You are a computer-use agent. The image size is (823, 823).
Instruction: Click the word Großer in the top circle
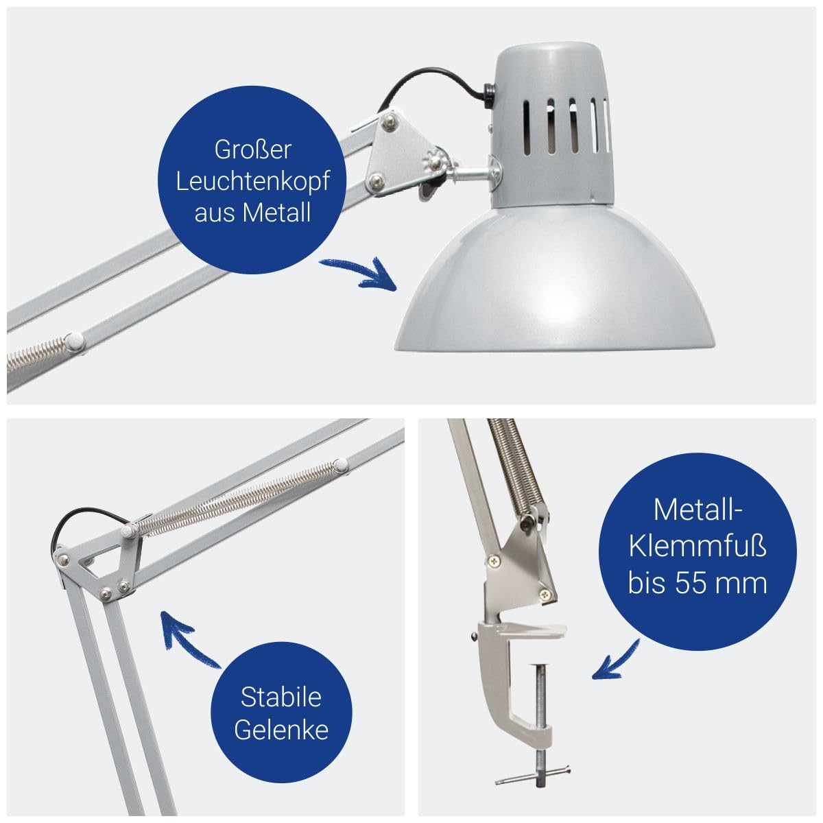click(253, 150)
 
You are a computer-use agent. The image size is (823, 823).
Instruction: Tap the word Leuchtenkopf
click(253, 181)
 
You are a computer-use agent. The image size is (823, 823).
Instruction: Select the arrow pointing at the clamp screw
click(615, 660)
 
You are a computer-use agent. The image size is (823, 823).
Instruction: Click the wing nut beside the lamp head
click(435, 162)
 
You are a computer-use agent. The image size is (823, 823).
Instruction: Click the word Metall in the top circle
click(276, 212)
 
